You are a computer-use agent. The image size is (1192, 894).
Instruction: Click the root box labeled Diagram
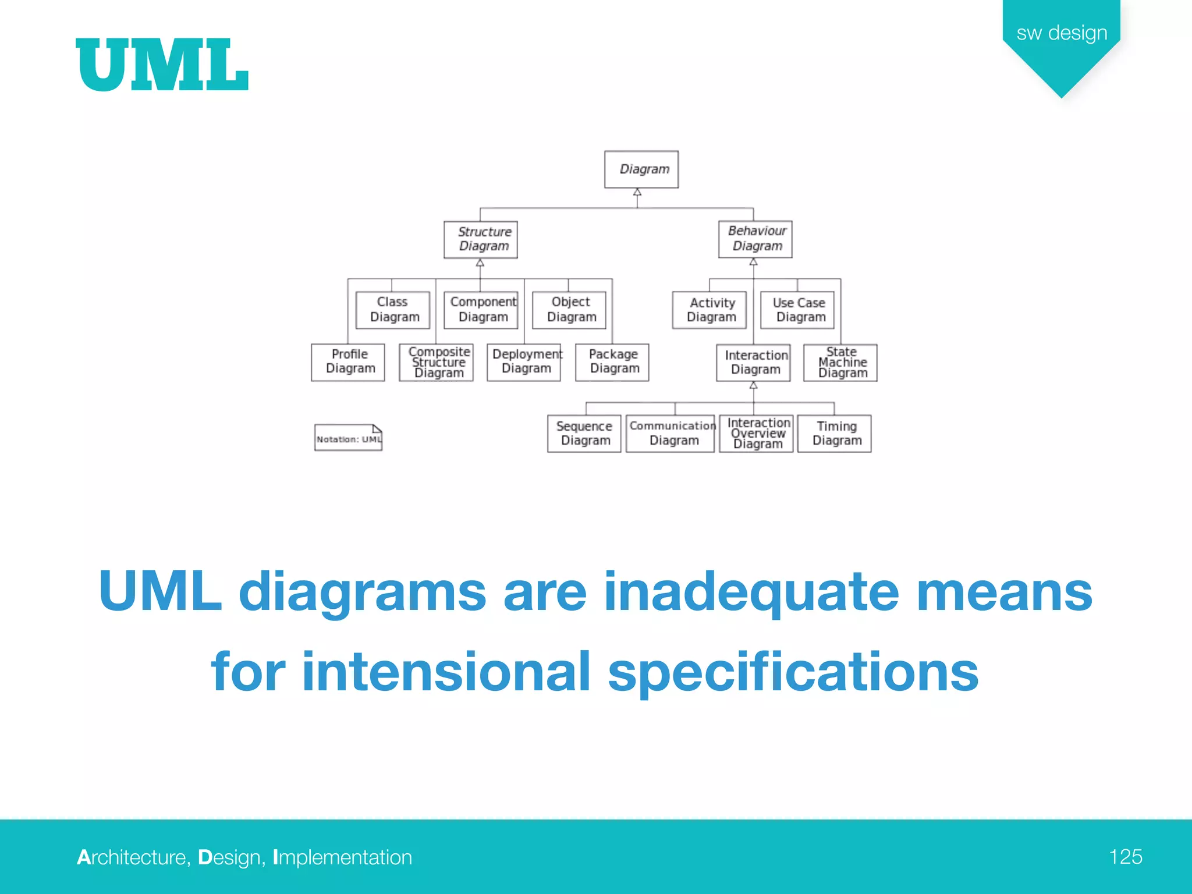pos(641,169)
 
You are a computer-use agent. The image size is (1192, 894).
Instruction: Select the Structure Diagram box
pos(480,239)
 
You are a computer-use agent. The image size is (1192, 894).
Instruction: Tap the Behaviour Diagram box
pos(755,239)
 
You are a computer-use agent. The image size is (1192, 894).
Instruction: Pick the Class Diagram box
pos(393,310)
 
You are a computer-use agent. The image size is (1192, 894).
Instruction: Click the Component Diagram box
pos(481,310)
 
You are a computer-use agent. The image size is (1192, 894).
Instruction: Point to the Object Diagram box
pos(569,310)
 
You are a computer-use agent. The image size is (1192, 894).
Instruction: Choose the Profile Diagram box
pos(348,362)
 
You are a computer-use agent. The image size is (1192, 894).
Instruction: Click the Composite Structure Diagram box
pos(437,362)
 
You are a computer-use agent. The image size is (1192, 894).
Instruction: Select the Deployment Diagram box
pos(524,362)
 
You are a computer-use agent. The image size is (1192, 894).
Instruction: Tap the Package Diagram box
pos(612,362)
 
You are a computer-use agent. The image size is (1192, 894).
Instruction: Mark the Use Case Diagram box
pos(797,310)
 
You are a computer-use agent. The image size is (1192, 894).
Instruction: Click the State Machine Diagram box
pos(840,362)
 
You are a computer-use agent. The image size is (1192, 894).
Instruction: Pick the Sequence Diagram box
pos(584,434)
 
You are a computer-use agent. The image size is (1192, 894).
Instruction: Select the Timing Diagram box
pos(835,434)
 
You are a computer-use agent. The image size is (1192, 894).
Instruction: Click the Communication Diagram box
pos(670,434)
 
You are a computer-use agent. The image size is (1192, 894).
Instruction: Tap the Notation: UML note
pos(348,438)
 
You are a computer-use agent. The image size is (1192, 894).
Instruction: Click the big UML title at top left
pos(162,65)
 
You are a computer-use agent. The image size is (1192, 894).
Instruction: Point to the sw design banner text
pos(1062,33)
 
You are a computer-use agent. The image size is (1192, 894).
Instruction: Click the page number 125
pos(1125,857)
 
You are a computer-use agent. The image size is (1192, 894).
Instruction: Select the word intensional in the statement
pos(446,672)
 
